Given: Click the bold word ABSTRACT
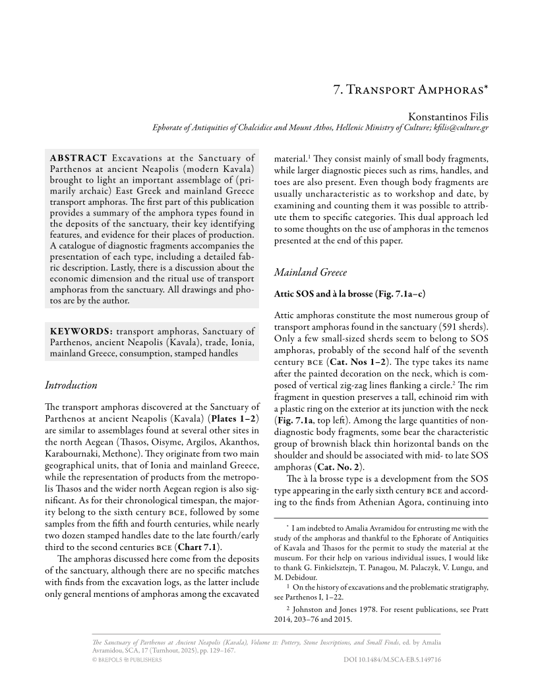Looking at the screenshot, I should coord(78,158).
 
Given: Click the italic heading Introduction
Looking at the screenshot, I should coord(71,385).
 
